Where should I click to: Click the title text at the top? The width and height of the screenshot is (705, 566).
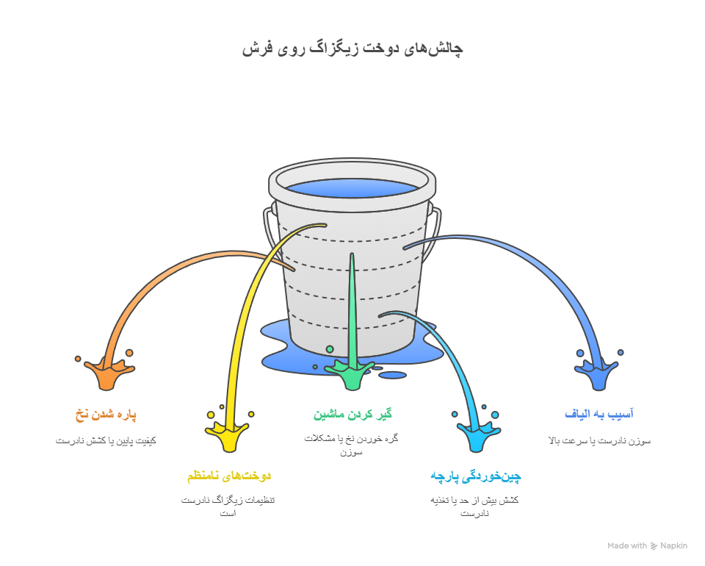pyautogui.click(x=352, y=49)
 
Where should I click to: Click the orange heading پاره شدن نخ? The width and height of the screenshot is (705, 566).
pyautogui.click(x=106, y=415)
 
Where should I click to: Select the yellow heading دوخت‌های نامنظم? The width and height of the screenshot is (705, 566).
pyautogui.click(x=229, y=476)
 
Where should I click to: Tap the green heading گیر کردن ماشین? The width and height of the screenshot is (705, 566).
pyautogui.click(x=352, y=415)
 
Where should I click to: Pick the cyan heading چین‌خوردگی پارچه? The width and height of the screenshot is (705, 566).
pyautogui.click(x=475, y=476)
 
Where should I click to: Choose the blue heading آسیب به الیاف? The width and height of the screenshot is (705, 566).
pyautogui.click(x=599, y=415)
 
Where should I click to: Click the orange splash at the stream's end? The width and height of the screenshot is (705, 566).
pyautogui.click(x=107, y=373)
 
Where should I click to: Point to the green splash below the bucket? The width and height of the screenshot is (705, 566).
pyautogui.click(x=352, y=375)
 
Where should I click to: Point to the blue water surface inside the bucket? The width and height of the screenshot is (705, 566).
pyautogui.click(x=352, y=187)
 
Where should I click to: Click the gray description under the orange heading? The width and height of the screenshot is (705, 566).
pyautogui.click(x=106, y=441)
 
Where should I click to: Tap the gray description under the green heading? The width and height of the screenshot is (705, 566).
pyautogui.click(x=352, y=445)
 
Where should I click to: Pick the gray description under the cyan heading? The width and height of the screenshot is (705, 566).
pyautogui.click(x=475, y=506)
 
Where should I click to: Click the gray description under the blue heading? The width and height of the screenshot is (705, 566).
pyautogui.click(x=599, y=441)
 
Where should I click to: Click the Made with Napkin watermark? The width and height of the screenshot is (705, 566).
pyautogui.click(x=647, y=545)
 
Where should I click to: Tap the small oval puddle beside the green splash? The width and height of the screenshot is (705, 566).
pyautogui.click(x=393, y=376)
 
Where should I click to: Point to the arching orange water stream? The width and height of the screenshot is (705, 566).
pyautogui.click(x=169, y=268)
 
